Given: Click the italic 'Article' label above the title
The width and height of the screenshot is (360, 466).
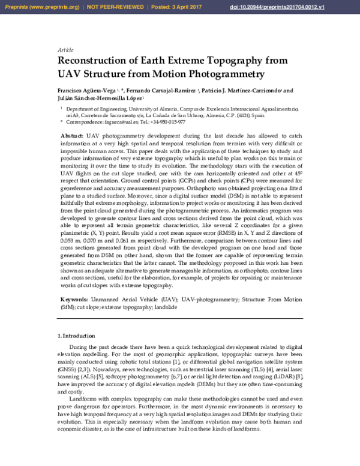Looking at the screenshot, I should pyautogui.click(x=65, y=49).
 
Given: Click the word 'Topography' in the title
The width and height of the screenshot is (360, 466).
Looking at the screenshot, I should pyautogui.click(x=209, y=60).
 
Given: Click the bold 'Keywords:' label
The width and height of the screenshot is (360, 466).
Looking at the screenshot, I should pyautogui.click(x=77, y=299).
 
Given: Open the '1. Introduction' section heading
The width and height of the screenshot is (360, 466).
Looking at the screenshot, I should pyautogui.click(x=79, y=336).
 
